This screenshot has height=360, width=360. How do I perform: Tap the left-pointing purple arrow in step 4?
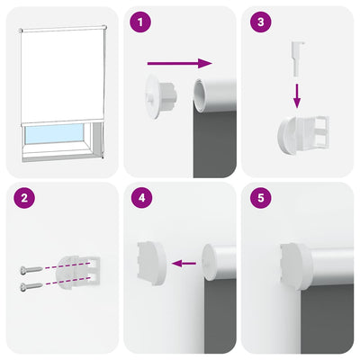tap(184, 264)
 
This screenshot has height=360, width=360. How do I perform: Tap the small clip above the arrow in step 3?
tap(297, 54)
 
